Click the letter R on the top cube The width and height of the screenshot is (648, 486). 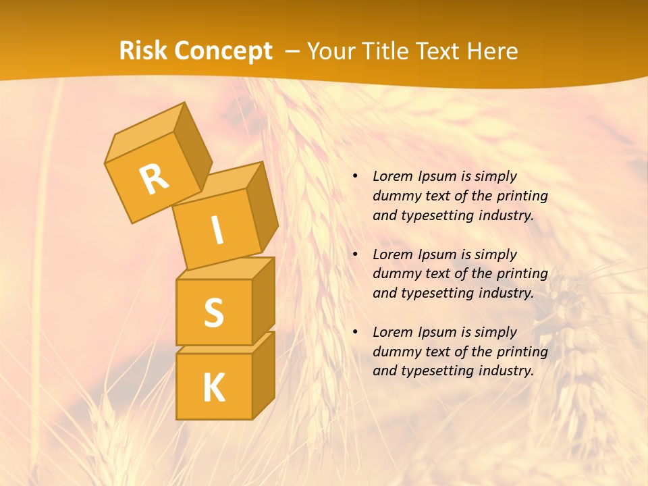(x=154, y=180)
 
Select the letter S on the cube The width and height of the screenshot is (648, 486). (x=213, y=313)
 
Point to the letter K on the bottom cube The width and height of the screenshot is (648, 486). (x=213, y=387)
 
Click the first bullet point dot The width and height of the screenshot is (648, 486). (x=355, y=177)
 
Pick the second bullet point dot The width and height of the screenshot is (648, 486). (x=355, y=254)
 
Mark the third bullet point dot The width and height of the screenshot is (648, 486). (x=355, y=332)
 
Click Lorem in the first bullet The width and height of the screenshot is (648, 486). (x=391, y=176)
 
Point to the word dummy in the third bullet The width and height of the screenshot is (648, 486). (x=393, y=351)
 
